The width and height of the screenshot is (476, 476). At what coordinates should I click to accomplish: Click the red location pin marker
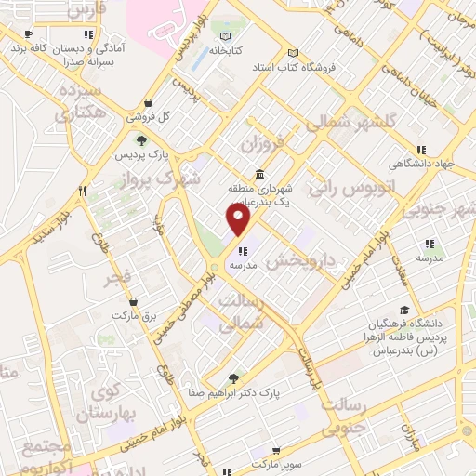[239, 220]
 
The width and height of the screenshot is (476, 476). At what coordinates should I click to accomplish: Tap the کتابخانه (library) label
[225, 50]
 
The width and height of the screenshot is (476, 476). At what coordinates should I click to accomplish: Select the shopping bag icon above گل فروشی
[148, 103]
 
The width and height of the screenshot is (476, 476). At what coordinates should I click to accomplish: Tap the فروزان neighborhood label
[261, 144]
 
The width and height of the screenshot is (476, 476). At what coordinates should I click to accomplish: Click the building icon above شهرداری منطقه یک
[258, 174]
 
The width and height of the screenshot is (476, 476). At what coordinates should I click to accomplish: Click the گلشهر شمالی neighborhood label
[363, 122]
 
